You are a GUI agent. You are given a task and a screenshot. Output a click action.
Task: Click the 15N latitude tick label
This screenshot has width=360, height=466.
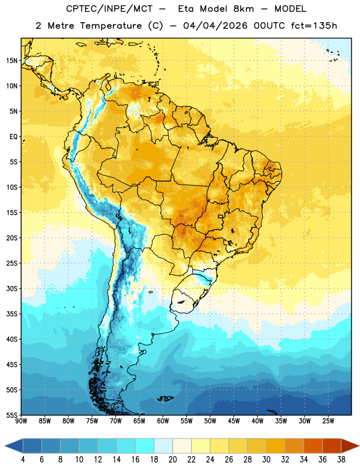tap(12, 61)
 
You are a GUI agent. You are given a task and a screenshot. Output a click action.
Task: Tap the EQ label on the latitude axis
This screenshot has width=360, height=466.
tap(13, 137)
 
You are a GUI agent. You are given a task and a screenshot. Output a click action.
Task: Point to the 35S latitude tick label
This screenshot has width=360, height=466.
tap(12, 314)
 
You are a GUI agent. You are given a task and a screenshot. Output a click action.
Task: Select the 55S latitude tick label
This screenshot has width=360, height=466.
tap(12, 415)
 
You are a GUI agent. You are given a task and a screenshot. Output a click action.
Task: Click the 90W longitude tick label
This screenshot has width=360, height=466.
tap(21, 421)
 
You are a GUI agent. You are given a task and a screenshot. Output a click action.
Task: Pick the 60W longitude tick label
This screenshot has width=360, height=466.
tap(163, 421)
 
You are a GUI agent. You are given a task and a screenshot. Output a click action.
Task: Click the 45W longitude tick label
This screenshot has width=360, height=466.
tap(234, 421)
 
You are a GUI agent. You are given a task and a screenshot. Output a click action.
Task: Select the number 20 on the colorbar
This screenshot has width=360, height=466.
tap(172, 460)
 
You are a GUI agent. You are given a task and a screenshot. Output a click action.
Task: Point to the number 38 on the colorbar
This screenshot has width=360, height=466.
tap(341, 460)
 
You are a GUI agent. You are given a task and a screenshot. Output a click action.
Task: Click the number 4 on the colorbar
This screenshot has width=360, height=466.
tap(23, 460)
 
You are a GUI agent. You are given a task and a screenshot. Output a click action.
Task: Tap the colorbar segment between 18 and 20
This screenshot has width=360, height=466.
tap(163, 446)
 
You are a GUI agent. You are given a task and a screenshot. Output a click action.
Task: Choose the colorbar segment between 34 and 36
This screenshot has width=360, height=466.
tap(313, 446)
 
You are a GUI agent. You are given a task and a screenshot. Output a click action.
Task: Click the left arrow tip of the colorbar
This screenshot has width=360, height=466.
tap(5, 446)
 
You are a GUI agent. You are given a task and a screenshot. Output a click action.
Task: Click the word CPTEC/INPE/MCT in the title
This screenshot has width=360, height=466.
tap(109, 9)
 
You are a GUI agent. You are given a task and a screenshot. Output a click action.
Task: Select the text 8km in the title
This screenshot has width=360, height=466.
tap(243, 9)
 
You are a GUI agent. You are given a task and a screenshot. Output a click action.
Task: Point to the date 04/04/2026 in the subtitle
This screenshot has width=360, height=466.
tap(215, 26)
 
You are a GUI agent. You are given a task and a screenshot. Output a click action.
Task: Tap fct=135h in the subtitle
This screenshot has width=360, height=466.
tap(314, 26)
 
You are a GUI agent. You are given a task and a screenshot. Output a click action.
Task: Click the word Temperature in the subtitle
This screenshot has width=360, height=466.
tap(111, 26)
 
